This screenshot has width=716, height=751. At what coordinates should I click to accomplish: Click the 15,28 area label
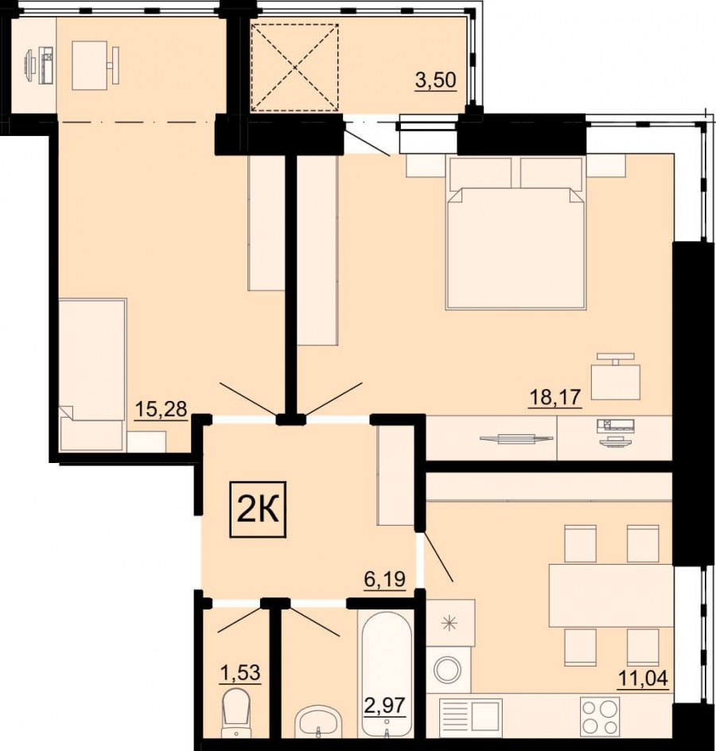point(161,410)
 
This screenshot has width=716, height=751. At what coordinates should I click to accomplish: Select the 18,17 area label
point(555,397)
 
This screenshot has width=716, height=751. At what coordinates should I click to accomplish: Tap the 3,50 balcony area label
point(435,80)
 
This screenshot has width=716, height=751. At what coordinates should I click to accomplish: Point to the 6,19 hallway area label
point(384,579)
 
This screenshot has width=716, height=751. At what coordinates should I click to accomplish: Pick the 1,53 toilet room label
point(240,673)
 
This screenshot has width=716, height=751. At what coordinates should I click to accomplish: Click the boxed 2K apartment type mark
point(258,510)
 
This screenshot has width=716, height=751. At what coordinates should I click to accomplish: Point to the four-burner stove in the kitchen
point(600,715)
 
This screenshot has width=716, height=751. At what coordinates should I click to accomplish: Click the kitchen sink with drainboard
point(471,715)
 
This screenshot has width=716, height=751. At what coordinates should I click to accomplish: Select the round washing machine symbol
point(447,670)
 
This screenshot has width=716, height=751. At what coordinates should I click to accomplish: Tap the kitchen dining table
point(611,595)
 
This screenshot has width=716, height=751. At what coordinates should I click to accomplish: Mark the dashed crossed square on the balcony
point(295,68)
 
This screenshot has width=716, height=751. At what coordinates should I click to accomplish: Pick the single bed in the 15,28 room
point(92,375)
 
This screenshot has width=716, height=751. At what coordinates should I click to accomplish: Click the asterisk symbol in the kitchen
point(449,623)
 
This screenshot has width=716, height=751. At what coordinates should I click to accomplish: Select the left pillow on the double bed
point(481,172)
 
